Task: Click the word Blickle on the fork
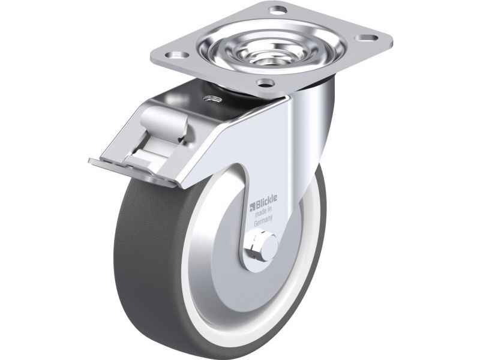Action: (266, 202)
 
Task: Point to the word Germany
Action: (263, 221)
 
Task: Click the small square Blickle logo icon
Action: (253, 206)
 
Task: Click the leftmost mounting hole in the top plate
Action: (176, 55)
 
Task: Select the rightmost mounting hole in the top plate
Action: (366, 38)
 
